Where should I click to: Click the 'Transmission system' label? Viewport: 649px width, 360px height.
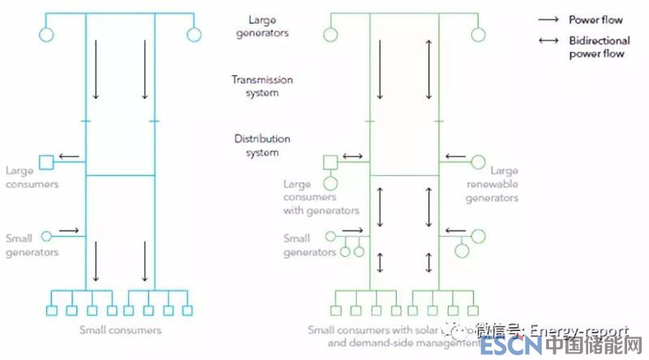[262, 86]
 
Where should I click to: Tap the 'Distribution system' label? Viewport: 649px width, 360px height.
[262, 146]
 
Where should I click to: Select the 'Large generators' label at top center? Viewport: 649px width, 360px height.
[262, 26]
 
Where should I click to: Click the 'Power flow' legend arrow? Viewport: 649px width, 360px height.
[549, 19]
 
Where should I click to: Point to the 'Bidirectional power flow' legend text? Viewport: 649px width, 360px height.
[596, 48]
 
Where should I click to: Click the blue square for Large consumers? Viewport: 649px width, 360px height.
[46, 162]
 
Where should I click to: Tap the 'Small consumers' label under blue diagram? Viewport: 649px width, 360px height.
[120, 330]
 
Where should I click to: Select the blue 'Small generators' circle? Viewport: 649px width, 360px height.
[46, 235]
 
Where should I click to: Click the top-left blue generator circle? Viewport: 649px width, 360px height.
[46, 35]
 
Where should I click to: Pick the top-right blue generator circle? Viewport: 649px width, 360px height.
[193, 35]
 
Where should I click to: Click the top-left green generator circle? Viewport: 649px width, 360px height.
[330, 35]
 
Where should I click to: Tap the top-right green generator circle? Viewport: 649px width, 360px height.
[478, 35]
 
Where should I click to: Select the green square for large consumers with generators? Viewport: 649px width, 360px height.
[330, 162]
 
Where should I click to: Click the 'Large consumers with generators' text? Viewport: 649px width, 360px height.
[320, 197]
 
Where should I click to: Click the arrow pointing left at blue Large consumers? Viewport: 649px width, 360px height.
[69, 156]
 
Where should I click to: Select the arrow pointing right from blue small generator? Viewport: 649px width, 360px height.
[69, 230]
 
